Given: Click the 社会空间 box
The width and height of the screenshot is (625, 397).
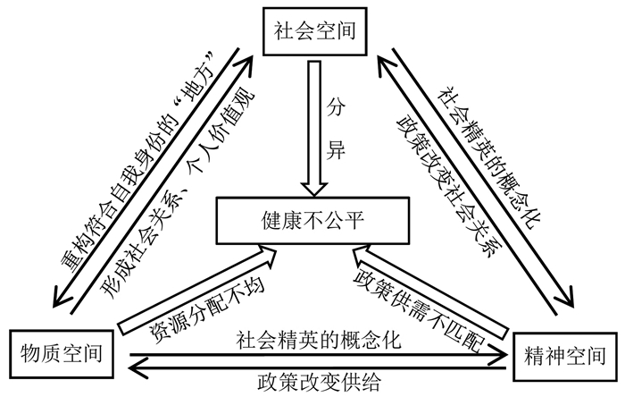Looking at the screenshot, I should point(312,31).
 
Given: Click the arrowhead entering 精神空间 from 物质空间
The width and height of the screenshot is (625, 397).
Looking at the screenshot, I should point(505,353).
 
